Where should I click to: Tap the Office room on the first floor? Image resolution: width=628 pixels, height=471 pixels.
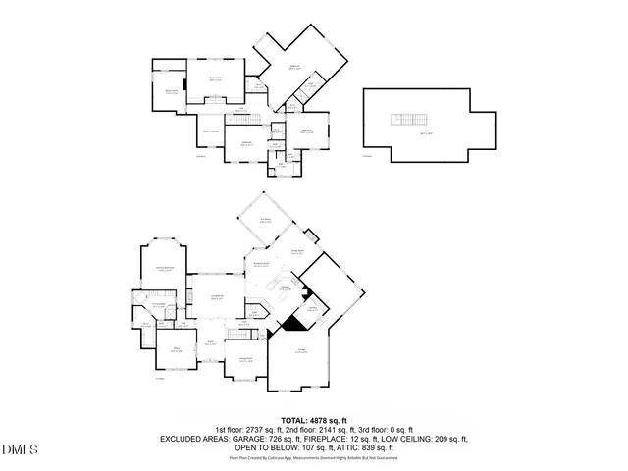[x=177, y=350]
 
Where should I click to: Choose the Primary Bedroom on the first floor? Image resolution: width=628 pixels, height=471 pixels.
[x=165, y=268]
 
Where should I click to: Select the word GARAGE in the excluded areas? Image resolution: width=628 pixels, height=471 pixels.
[x=289, y=439]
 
